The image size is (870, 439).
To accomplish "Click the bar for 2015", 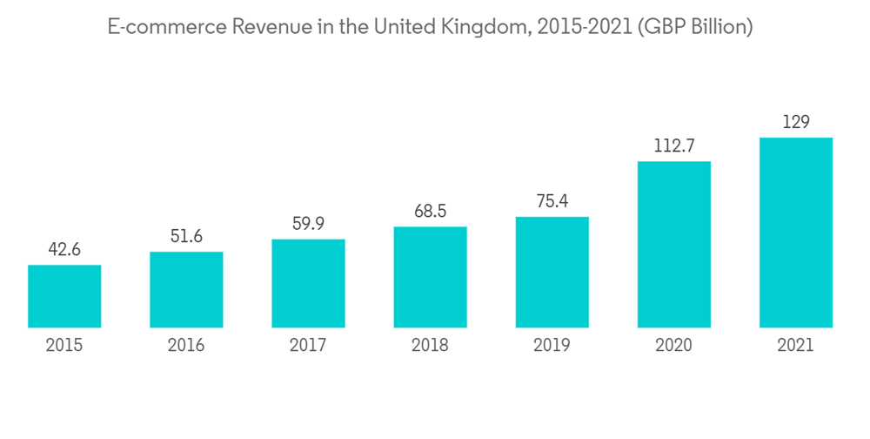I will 64,296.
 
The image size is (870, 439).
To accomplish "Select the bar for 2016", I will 186,290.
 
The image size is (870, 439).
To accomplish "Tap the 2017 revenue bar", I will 308,283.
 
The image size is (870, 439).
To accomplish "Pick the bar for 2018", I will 430,277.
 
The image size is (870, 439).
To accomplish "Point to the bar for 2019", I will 552,272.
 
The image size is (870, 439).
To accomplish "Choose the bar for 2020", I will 673,244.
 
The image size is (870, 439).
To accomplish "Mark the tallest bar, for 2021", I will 795,233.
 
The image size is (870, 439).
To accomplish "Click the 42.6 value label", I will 64,250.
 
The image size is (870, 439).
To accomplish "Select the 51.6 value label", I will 186,237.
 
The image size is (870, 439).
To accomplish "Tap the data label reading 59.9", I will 308,225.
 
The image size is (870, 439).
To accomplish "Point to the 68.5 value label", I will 430,212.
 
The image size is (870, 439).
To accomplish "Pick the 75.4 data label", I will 552,202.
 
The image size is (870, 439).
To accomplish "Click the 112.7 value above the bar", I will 673,146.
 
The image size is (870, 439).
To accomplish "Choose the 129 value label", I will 795,123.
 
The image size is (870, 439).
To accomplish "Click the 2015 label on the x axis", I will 64,346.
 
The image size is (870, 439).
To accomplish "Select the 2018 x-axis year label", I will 430,346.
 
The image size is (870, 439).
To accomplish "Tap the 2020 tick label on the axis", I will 673,346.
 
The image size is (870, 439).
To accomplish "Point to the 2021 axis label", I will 795,346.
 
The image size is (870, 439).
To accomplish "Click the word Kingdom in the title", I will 485,27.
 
